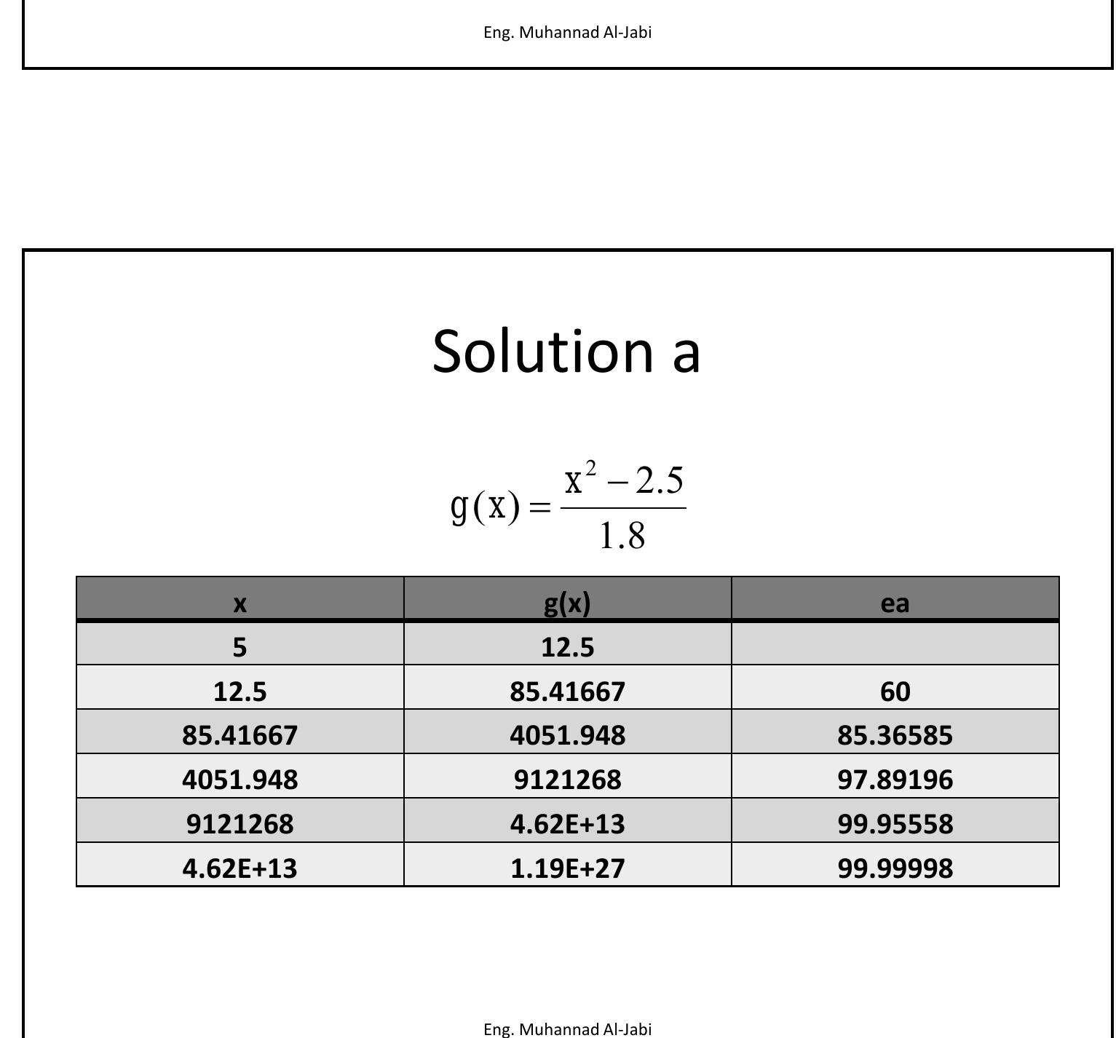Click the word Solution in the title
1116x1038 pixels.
(x=542, y=351)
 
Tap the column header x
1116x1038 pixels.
(x=240, y=603)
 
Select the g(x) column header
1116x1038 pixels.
(x=567, y=603)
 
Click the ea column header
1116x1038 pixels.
(x=895, y=603)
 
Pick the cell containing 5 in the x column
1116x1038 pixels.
(x=240, y=646)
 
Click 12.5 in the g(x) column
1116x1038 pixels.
(x=567, y=646)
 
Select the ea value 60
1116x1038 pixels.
(x=895, y=691)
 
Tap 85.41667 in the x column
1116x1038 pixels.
(x=240, y=735)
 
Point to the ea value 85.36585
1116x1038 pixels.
(x=895, y=735)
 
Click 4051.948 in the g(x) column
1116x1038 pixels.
(x=567, y=735)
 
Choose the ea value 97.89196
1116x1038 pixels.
(x=895, y=780)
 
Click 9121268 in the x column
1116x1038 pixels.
(x=240, y=824)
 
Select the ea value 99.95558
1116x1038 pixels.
(x=895, y=824)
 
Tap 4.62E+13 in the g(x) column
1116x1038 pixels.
(x=567, y=824)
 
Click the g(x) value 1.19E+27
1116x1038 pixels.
(x=567, y=868)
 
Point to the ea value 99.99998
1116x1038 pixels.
(x=895, y=868)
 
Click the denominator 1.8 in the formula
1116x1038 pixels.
(x=622, y=536)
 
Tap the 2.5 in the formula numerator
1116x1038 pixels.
(x=659, y=480)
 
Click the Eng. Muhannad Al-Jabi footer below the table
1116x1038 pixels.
(x=567, y=1029)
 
